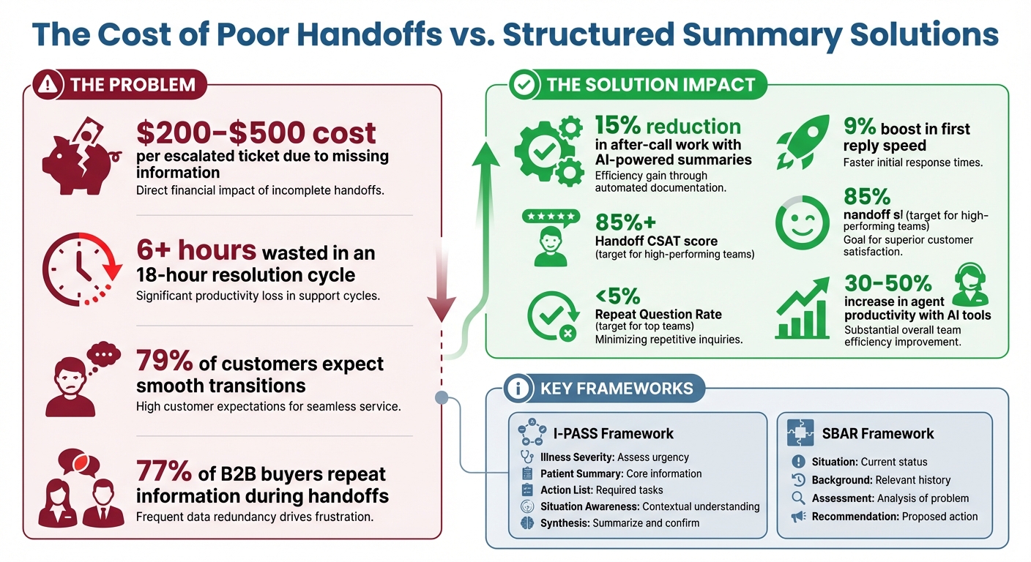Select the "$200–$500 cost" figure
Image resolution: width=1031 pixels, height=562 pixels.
tap(256, 132)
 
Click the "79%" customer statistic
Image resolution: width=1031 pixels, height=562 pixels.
tap(164, 361)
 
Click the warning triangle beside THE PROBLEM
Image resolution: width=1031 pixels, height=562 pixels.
tap(49, 85)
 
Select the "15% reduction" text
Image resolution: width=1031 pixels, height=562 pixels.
tap(667, 125)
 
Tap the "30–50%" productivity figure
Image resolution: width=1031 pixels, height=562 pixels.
tap(887, 283)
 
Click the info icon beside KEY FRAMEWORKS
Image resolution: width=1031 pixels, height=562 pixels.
tap(518, 389)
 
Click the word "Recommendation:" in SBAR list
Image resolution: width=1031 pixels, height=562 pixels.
tap(855, 517)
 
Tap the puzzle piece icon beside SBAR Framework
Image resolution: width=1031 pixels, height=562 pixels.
tap(800, 432)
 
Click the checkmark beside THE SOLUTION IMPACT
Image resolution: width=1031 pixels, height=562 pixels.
tap(524, 85)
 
